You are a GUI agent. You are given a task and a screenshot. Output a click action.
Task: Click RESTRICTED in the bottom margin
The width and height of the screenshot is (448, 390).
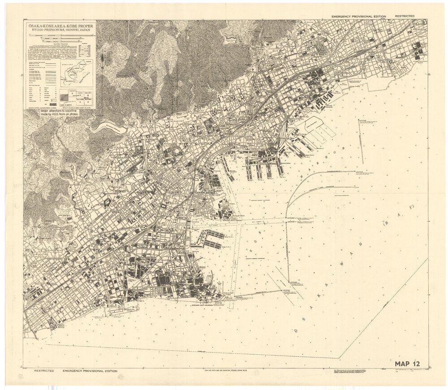click(44, 371)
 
